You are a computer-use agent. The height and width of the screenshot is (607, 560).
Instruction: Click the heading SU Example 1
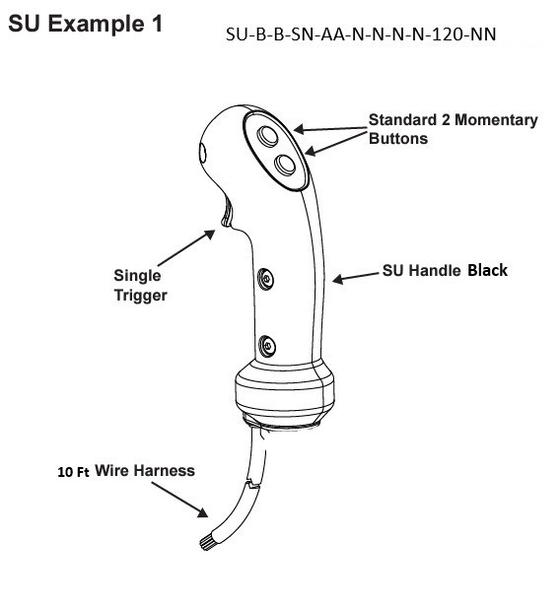tap(85, 24)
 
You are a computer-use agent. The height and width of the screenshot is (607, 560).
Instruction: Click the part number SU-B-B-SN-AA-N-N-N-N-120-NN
tap(361, 34)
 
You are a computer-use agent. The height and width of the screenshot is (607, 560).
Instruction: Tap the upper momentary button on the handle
tap(268, 135)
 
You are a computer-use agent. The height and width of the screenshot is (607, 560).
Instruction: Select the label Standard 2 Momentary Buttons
tap(453, 129)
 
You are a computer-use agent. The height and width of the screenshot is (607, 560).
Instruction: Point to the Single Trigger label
tap(137, 285)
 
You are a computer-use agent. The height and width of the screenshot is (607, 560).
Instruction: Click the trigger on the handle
tap(226, 209)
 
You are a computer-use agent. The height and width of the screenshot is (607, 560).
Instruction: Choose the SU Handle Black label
tap(445, 270)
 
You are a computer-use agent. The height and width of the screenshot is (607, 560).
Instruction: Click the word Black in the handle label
tap(487, 269)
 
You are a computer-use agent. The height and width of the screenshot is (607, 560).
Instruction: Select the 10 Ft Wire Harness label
tap(125, 471)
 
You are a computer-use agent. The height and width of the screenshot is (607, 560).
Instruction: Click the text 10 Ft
tap(72, 472)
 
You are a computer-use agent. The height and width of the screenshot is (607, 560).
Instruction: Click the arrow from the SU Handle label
tap(352, 277)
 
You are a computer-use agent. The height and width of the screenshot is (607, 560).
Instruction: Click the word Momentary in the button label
tap(491, 120)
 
